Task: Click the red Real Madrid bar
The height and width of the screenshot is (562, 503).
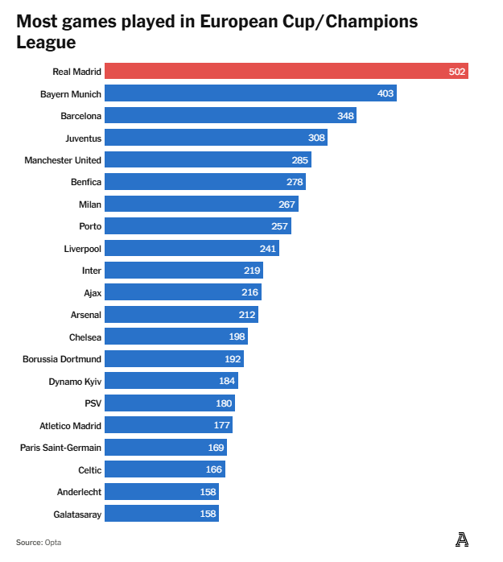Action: click(x=287, y=72)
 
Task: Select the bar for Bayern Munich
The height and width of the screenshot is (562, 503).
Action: click(x=250, y=93)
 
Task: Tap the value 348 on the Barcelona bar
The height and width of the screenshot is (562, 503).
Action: click(x=346, y=116)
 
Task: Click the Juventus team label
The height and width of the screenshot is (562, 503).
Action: click(x=83, y=138)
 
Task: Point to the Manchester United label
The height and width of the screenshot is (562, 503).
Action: click(x=63, y=160)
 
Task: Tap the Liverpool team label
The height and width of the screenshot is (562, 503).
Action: click(x=83, y=249)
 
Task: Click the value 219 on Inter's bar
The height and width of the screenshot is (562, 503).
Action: click(x=253, y=271)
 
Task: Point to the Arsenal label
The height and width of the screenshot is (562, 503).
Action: click(x=86, y=315)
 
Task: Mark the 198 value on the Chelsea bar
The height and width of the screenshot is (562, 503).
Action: click(x=237, y=337)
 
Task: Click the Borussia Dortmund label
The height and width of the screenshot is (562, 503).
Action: click(x=62, y=359)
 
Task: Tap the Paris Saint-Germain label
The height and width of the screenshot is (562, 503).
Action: click(x=61, y=448)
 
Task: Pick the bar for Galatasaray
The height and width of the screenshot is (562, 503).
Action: click(x=162, y=514)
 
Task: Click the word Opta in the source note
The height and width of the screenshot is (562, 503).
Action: click(x=53, y=543)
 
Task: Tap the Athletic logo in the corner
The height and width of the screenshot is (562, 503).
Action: click(x=461, y=540)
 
